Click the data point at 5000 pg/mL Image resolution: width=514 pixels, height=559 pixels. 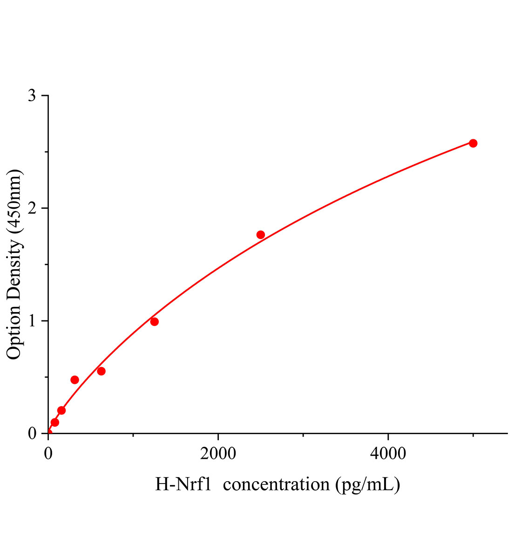(473, 143)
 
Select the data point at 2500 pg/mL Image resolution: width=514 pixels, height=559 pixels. (261, 235)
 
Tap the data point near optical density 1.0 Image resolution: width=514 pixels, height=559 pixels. (155, 321)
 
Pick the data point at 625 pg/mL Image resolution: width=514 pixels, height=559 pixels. (101, 371)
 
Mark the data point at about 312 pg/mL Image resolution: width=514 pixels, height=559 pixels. (74, 380)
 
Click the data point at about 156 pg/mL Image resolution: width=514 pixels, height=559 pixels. (61, 410)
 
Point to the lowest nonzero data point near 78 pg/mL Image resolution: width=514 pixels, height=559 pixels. (55, 423)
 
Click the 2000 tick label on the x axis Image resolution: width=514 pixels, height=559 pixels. (218, 454)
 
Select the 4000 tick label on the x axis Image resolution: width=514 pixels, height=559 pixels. (388, 454)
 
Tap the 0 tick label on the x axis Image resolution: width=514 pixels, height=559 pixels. (48, 454)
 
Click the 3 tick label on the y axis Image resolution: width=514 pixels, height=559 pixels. (32, 96)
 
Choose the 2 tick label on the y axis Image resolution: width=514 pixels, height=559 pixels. (32, 208)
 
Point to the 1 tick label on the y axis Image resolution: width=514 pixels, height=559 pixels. (32, 321)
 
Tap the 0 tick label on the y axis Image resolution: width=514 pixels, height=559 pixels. (32, 433)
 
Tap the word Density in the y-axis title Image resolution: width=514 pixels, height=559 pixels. (14, 268)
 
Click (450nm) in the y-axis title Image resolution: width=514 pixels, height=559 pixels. (14, 202)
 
